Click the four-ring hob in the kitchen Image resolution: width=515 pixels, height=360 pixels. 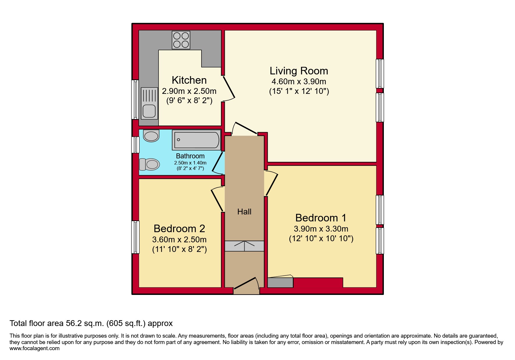pos(181,40)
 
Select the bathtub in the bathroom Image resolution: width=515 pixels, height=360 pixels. pos(197,140)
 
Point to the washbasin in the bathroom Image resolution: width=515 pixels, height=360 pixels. pos(151,136)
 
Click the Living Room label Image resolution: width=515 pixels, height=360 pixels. pos(299,71)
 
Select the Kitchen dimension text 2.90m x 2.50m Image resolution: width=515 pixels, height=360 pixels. pos(189,91)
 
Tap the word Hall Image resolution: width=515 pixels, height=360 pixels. pos(244,212)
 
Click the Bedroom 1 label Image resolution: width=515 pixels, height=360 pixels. pos(320,218)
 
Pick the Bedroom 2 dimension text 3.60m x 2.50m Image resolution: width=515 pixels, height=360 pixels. pos(179,240)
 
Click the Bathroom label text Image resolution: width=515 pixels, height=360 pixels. pos(190,156)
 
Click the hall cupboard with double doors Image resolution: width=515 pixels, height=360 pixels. pos(244,246)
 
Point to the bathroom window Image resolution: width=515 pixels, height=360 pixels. pos(135,145)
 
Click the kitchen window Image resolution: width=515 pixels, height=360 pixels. pos(135,99)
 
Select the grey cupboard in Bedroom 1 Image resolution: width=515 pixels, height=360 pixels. pos(280,282)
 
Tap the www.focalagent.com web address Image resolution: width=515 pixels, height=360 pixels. pos(34,348)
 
